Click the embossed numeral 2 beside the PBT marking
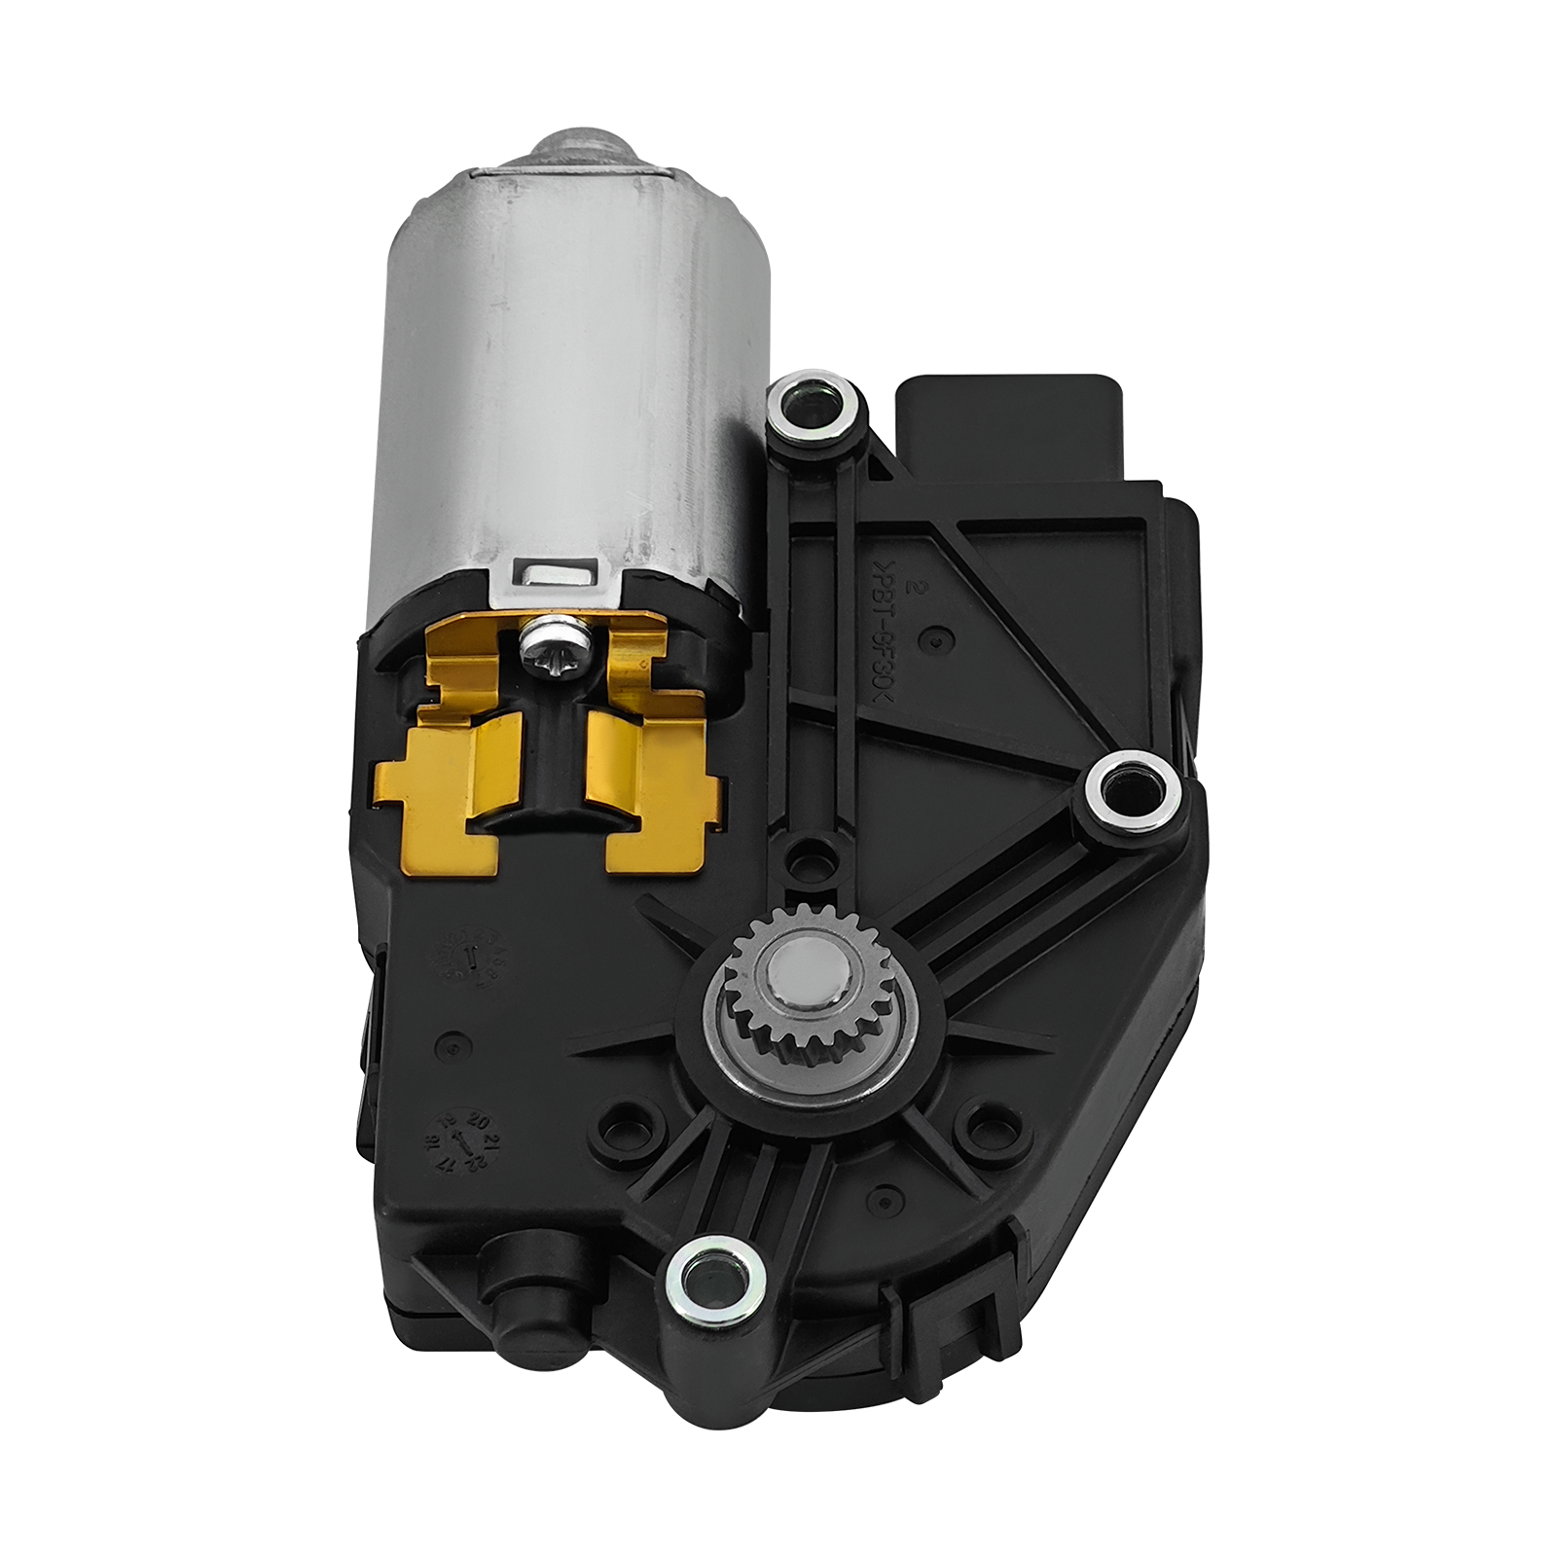[913, 587]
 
